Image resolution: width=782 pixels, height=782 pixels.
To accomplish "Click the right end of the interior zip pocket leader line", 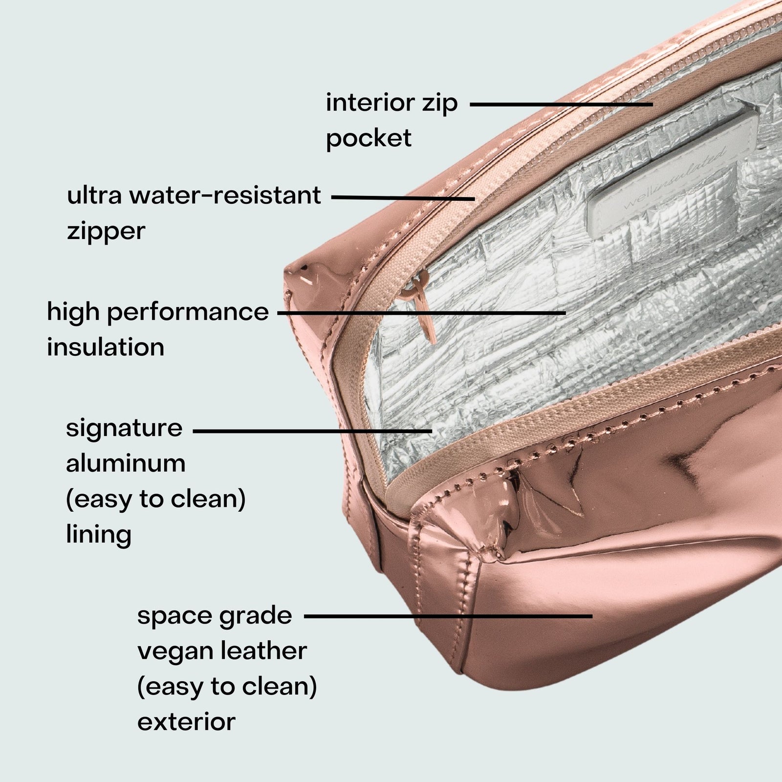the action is pos(652,104).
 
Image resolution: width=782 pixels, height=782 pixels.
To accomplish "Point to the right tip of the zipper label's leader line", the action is pos(474,199).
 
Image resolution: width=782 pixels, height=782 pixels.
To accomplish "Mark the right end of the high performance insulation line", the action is pos(565,312).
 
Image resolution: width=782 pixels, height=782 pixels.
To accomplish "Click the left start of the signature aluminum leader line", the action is pos(194,431).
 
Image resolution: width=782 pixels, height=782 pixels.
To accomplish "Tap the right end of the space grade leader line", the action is pos(592,616).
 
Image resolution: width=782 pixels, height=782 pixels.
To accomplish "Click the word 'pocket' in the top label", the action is pos(369,139).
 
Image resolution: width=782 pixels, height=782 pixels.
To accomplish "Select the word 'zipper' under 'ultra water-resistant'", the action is pos(106,231).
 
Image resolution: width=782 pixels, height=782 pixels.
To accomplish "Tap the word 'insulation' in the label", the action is pos(106,347).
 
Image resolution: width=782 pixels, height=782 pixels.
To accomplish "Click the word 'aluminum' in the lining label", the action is pos(126,463).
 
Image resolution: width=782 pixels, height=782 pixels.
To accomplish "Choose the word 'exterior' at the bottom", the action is pos(186,722).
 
